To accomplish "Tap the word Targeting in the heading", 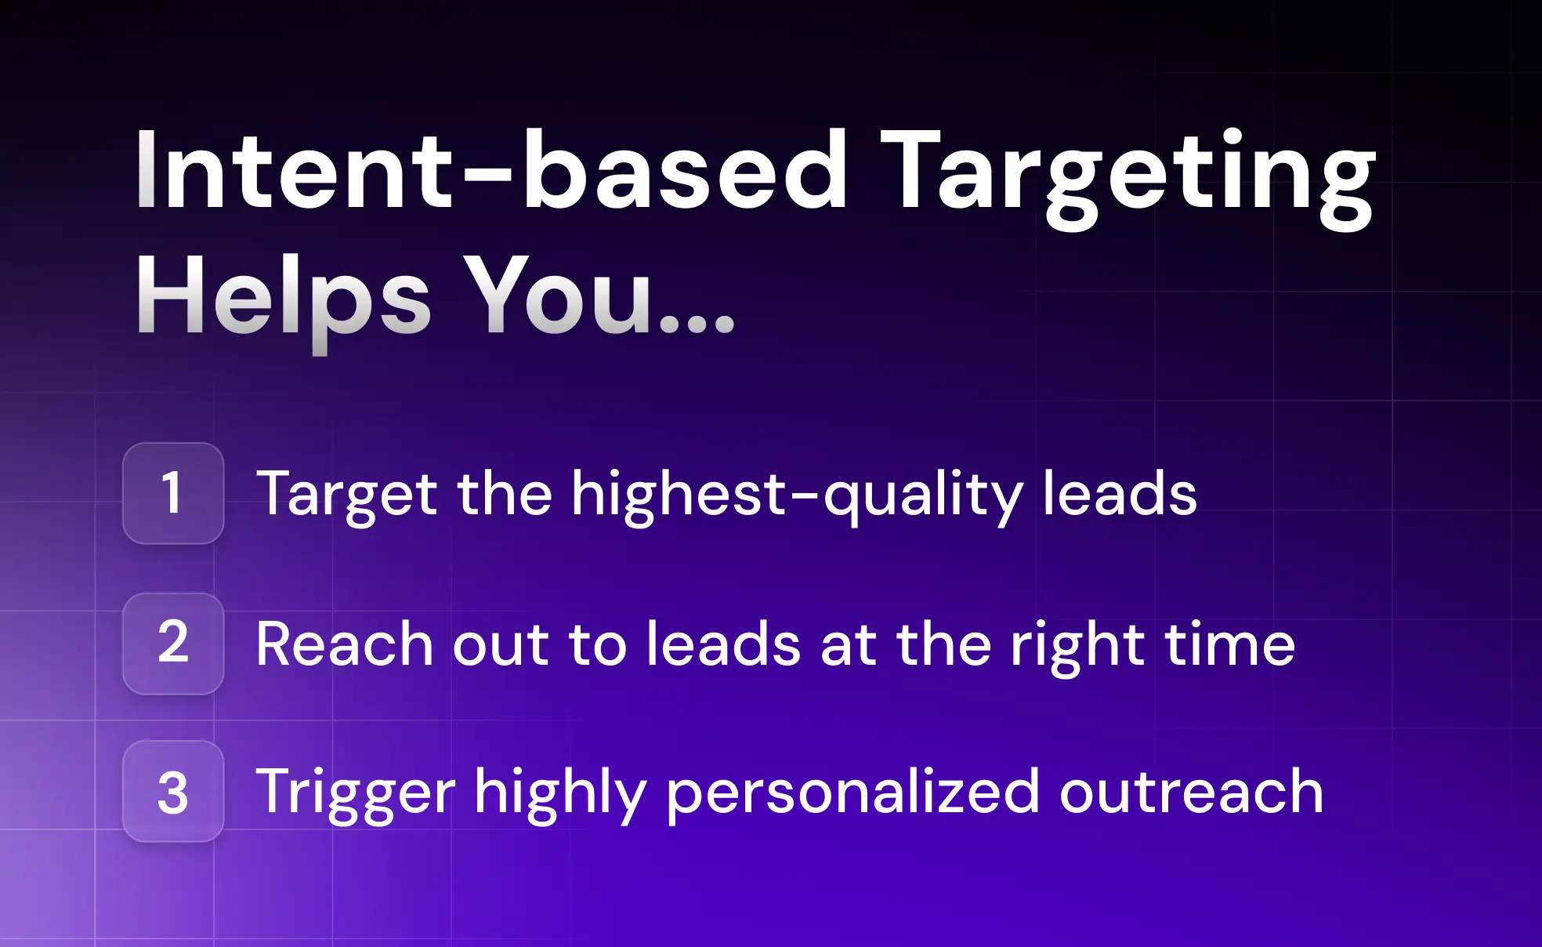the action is pos(1128,179).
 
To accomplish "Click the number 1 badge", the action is pos(173,493).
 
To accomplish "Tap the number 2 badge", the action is pos(173,644).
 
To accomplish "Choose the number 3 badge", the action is pos(173,792).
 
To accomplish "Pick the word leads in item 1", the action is pos(1120,493).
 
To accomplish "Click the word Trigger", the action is pos(356,795).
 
